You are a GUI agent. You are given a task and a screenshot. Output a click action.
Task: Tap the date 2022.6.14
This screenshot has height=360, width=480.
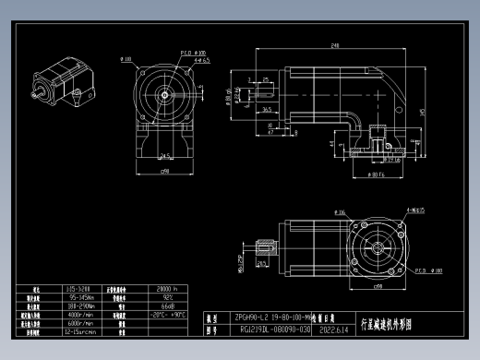[332, 328]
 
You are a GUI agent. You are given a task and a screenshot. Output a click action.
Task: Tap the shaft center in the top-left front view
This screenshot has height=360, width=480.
[166, 93]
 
